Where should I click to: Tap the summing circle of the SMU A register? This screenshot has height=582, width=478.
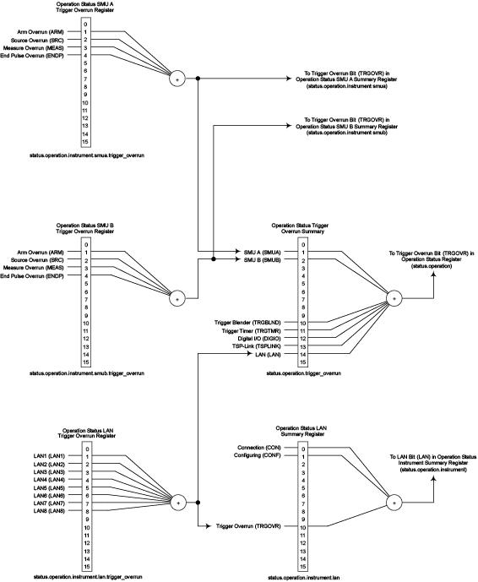point(177,79)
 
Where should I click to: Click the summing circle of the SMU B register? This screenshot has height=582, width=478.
point(177,297)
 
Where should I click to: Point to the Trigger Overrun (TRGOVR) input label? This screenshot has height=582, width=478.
point(254,526)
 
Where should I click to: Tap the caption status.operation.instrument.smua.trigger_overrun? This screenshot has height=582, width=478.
point(83,156)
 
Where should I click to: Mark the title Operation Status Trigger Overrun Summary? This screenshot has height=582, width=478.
point(301,230)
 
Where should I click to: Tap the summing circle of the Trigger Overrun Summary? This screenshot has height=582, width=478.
point(394,298)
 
